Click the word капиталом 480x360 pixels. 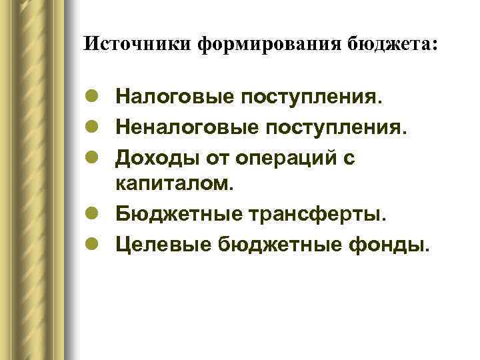(176, 184)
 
